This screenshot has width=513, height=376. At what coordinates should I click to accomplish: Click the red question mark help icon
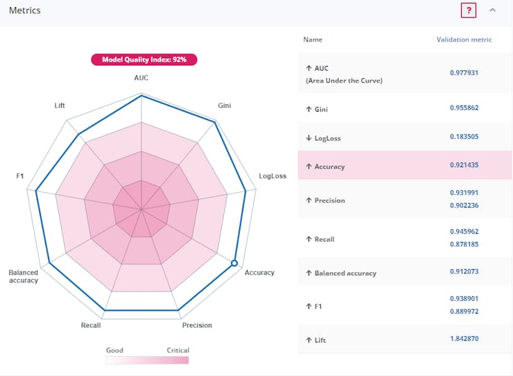(x=469, y=10)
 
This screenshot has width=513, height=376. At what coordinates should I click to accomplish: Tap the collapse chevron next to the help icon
(x=493, y=10)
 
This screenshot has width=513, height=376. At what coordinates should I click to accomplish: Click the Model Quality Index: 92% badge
(x=144, y=60)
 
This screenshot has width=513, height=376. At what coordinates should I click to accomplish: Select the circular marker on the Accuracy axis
(x=234, y=263)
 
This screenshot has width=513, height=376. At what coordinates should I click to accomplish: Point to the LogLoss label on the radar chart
(x=272, y=176)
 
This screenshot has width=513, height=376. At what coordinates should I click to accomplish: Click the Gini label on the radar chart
(x=225, y=105)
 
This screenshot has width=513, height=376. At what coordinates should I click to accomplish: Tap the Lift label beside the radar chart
(x=60, y=105)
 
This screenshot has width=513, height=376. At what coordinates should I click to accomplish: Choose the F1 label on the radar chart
(x=20, y=176)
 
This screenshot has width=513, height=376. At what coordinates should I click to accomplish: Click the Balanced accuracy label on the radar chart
(x=24, y=276)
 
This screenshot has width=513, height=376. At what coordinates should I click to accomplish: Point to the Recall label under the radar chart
(x=91, y=325)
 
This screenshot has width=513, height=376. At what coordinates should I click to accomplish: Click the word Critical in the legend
(x=177, y=350)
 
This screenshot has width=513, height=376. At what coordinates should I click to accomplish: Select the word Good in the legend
(x=114, y=350)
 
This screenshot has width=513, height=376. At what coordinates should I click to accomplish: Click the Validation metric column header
(x=464, y=40)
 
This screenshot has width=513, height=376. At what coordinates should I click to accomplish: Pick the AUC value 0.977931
(x=464, y=73)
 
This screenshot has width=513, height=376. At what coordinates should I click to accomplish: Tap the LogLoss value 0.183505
(x=464, y=137)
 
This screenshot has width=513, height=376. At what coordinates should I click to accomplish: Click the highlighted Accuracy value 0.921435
(x=464, y=165)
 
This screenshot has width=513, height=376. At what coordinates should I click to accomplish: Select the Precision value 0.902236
(x=464, y=205)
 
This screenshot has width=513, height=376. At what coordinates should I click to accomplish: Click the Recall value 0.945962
(x=464, y=231)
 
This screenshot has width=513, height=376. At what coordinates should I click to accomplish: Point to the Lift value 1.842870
(x=464, y=339)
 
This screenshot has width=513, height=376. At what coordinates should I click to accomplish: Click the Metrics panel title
(x=25, y=10)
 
